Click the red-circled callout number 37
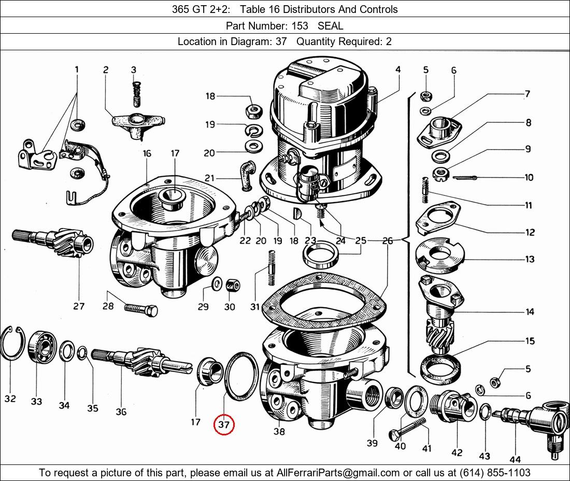click(224, 425)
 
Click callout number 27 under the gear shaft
click(79, 306)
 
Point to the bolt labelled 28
click(141, 310)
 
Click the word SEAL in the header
click(330, 25)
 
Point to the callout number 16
click(147, 153)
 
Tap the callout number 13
click(530, 259)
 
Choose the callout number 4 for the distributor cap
click(398, 69)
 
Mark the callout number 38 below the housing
click(279, 431)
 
